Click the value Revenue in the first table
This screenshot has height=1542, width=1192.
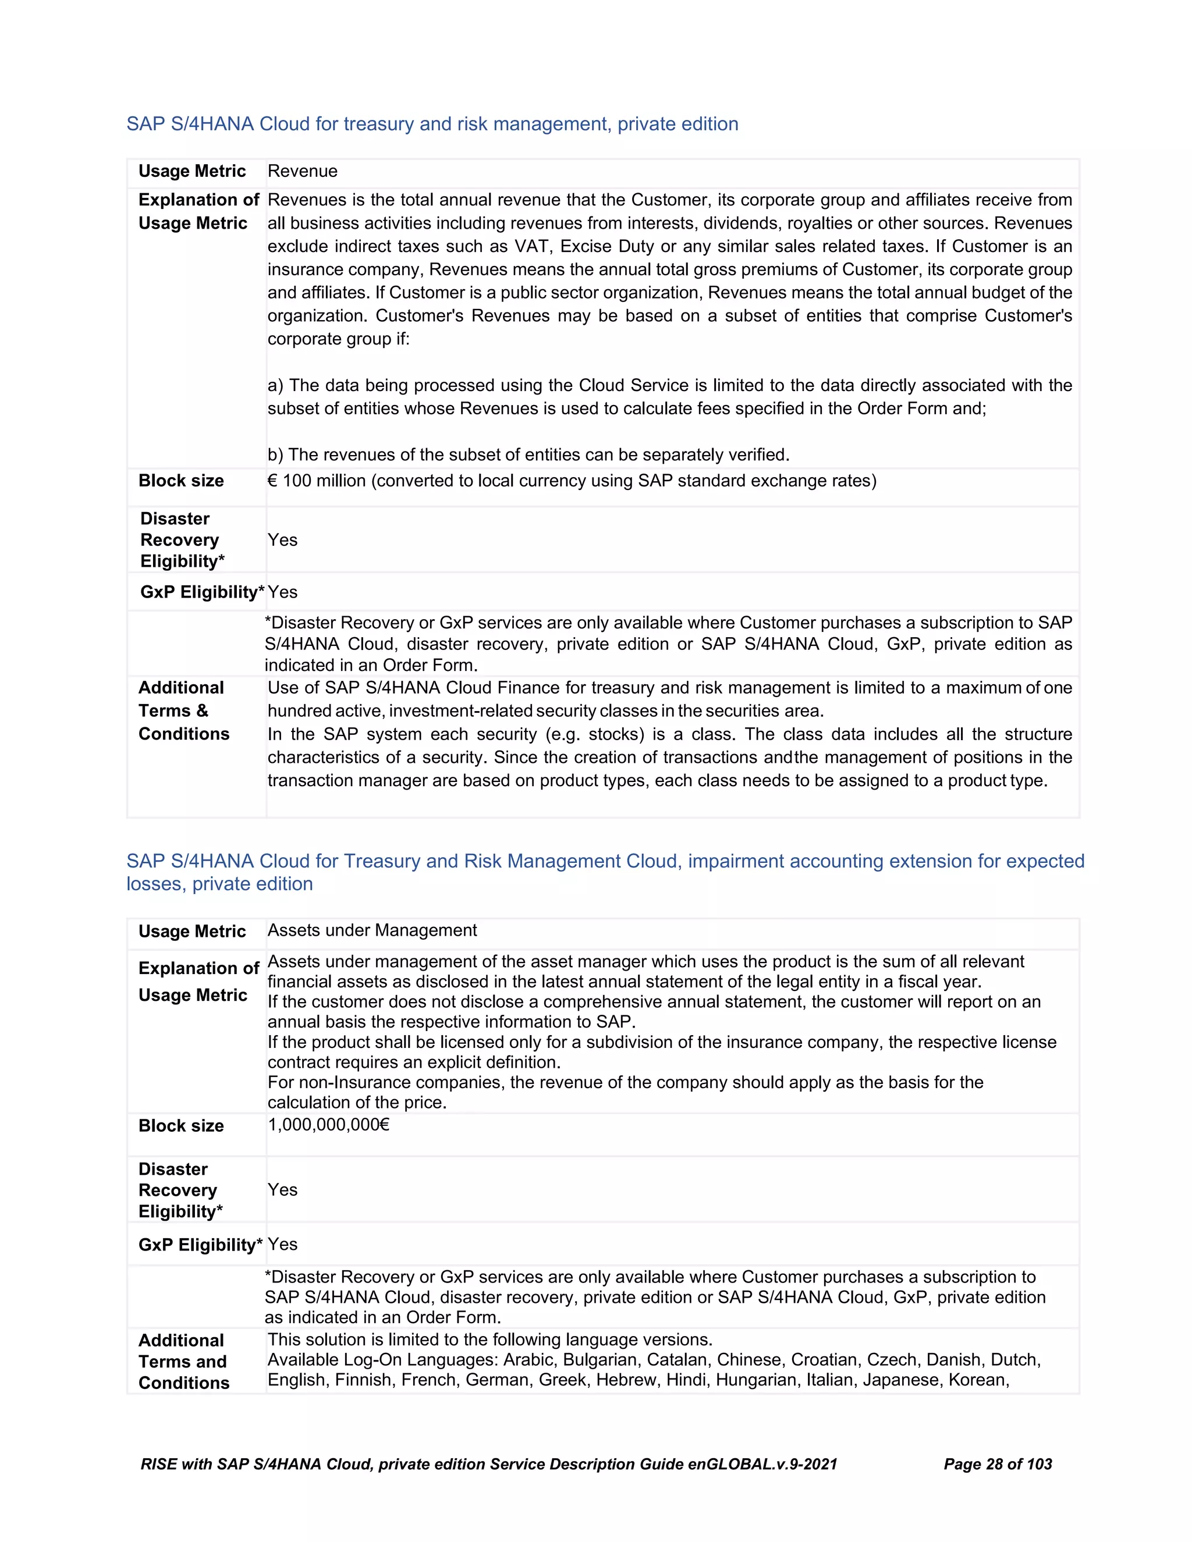[302, 172]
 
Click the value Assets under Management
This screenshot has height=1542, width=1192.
[371, 930]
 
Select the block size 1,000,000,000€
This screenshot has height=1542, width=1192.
[328, 1125]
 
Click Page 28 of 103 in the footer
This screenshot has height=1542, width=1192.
[997, 1465]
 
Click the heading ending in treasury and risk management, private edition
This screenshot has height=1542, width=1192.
[432, 125]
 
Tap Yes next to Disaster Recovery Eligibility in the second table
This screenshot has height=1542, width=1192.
[282, 1190]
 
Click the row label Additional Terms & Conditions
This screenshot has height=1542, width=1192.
[183, 711]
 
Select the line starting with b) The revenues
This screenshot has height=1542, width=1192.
[528, 454]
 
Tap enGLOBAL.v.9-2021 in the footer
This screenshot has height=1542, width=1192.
[762, 1465]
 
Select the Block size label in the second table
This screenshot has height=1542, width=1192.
[181, 1125]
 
